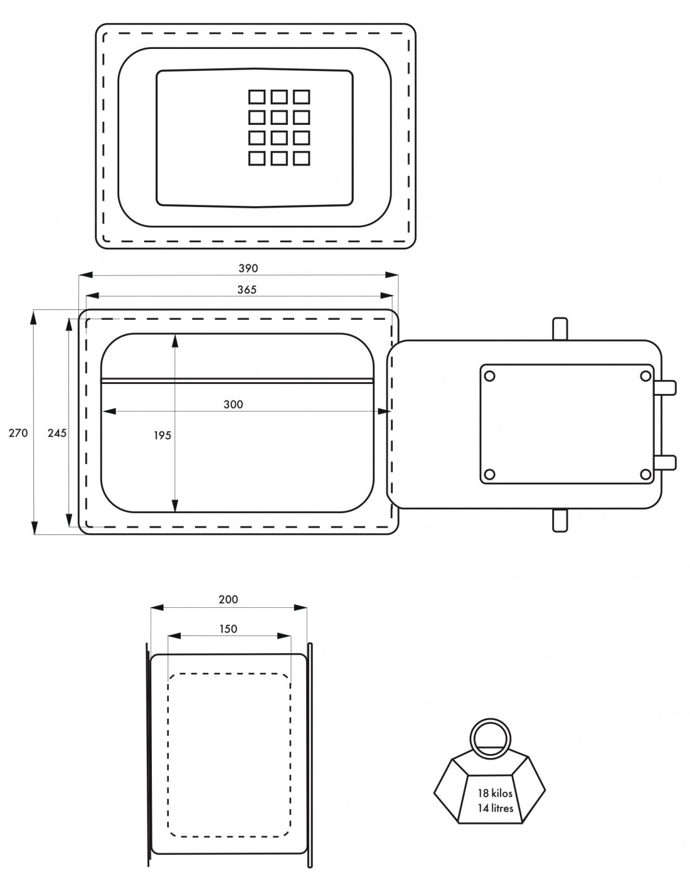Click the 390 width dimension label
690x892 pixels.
(x=248, y=268)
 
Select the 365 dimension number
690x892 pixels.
(x=247, y=290)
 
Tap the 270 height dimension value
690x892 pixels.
(x=18, y=433)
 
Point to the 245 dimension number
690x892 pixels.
(x=56, y=433)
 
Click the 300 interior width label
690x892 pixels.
(x=233, y=405)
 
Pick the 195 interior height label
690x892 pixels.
(x=162, y=435)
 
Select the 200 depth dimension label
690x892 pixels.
(x=228, y=599)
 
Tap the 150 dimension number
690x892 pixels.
(x=228, y=629)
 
